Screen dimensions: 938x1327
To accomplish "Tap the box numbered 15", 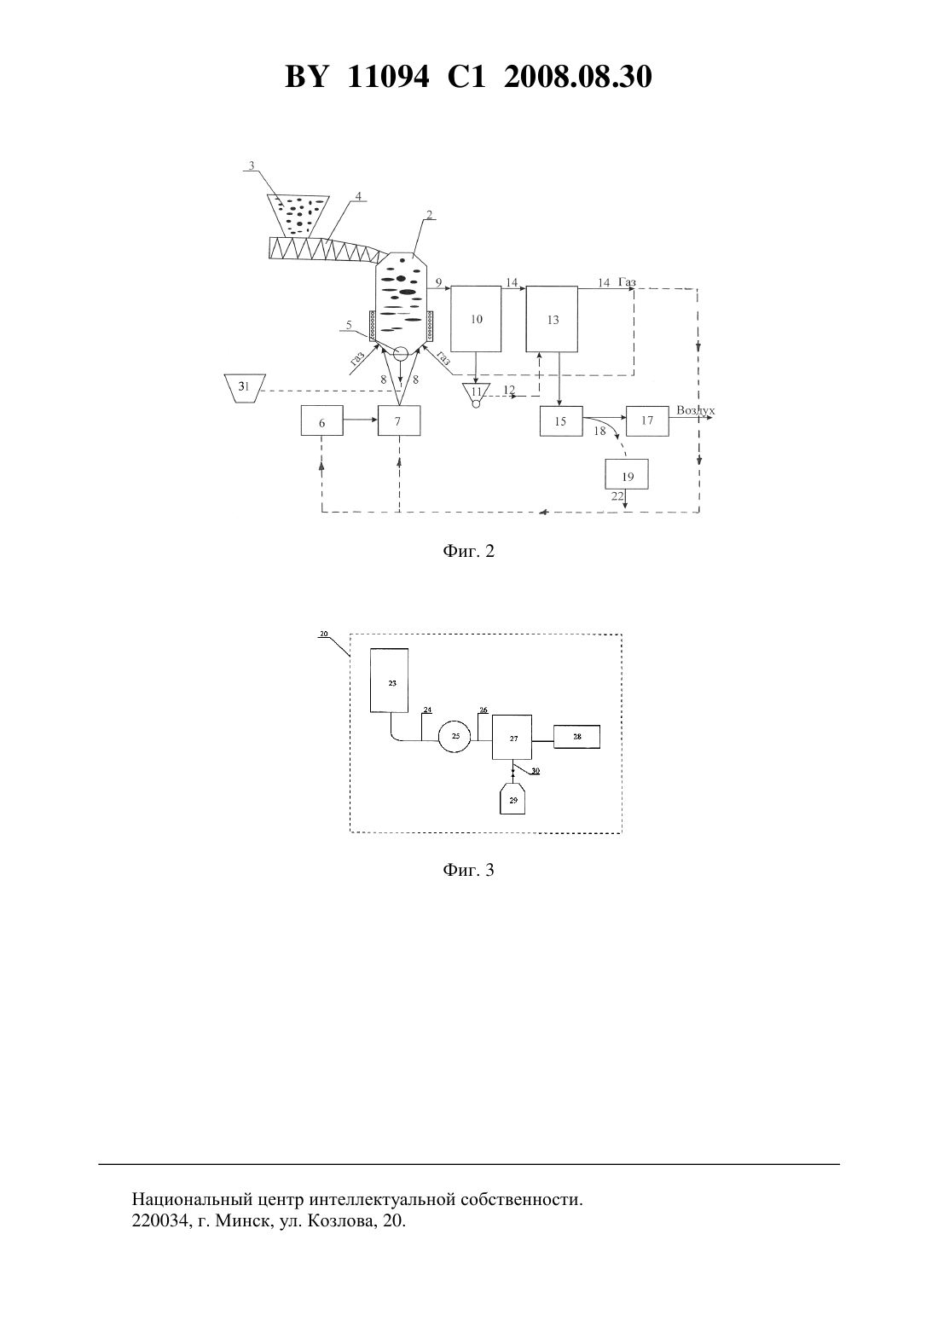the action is pyautogui.click(x=561, y=421).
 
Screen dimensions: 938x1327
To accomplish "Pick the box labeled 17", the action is pyautogui.click(x=647, y=421).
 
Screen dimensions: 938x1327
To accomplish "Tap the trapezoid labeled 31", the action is pyautogui.click(x=245, y=388).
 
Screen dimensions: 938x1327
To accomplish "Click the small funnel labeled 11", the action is pyautogui.click(x=476, y=391).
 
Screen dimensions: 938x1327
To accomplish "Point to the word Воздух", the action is pyautogui.click(x=696, y=410).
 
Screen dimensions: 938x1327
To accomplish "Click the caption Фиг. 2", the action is pyautogui.click(x=468, y=551).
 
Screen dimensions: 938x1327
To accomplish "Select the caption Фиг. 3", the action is pyautogui.click(x=468, y=870).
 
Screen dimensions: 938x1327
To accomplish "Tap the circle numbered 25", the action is pyautogui.click(x=455, y=736).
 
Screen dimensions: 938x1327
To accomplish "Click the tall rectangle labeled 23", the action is pyautogui.click(x=389, y=680).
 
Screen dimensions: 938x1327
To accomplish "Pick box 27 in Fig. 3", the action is pyautogui.click(x=512, y=737).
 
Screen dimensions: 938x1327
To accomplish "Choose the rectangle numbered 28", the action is pyautogui.click(x=576, y=736).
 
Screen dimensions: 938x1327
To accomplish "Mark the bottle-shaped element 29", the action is pyautogui.click(x=512, y=798).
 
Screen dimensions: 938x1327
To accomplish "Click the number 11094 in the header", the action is pyautogui.click(x=388, y=77).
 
